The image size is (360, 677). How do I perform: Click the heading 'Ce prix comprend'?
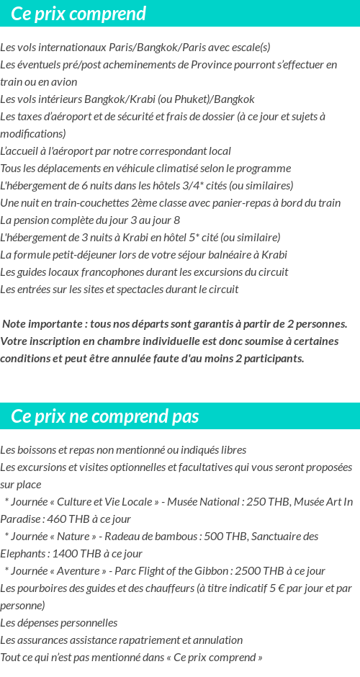pyautogui.click(x=78, y=14)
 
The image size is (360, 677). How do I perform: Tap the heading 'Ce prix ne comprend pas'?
pyautogui.click(x=105, y=416)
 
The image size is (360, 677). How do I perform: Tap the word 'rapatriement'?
pyautogui.click(x=125, y=640)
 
